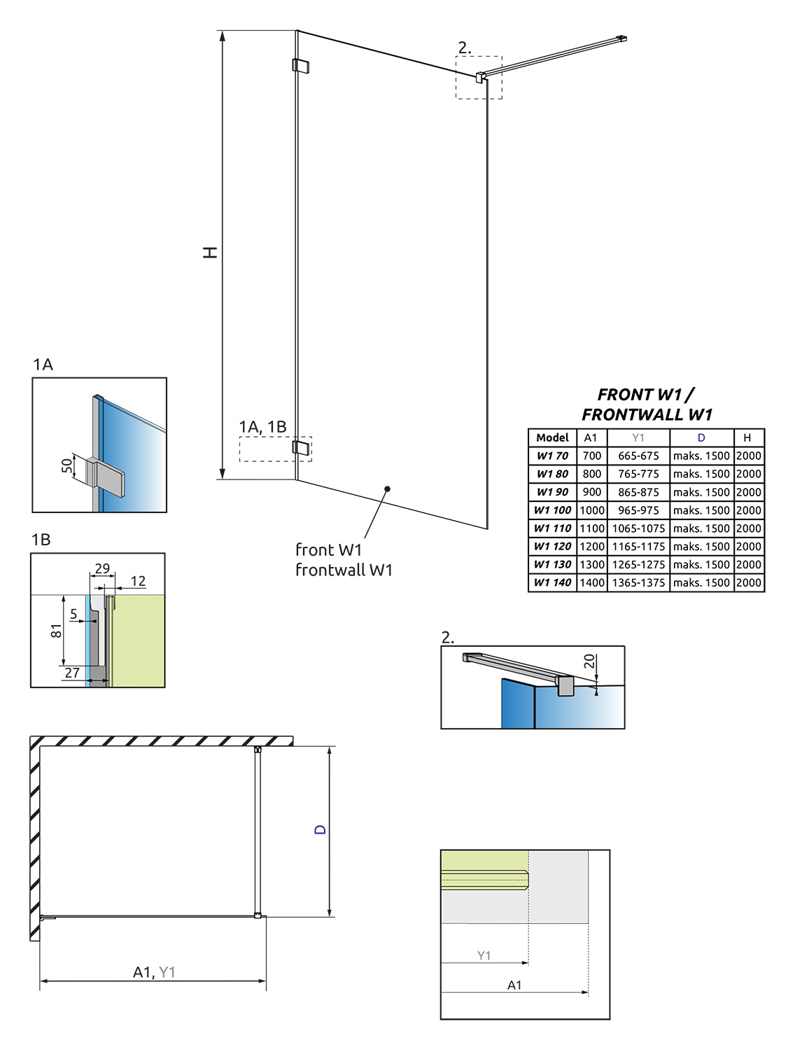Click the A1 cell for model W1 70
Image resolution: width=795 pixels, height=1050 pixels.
(591, 456)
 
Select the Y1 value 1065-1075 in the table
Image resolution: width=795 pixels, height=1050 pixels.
(638, 528)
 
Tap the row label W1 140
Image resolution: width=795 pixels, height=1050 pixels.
(552, 582)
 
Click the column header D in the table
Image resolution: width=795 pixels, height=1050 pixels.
(701, 437)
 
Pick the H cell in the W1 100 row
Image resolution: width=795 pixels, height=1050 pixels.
(748, 510)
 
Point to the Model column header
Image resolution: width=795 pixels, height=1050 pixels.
(552, 437)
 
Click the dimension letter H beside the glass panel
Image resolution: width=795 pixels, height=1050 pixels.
(210, 252)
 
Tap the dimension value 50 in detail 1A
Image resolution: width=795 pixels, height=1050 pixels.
(67, 465)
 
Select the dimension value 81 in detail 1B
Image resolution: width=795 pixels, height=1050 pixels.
(57, 631)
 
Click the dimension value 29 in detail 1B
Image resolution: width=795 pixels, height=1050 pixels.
(102, 568)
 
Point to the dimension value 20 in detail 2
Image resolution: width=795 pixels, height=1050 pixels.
(589, 661)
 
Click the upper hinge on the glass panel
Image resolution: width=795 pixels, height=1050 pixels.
(300, 66)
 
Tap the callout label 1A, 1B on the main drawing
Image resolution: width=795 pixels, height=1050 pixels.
(262, 426)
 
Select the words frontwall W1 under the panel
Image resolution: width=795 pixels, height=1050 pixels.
(344, 570)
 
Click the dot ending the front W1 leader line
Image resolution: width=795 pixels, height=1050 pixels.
(387, 489)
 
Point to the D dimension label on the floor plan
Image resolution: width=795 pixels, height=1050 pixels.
(320, 829)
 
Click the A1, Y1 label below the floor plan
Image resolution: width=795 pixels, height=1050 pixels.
(154, 972)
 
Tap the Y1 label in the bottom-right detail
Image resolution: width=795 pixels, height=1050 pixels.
(484, 955)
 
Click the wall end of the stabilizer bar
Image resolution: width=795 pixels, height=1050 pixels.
(621, 38)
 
